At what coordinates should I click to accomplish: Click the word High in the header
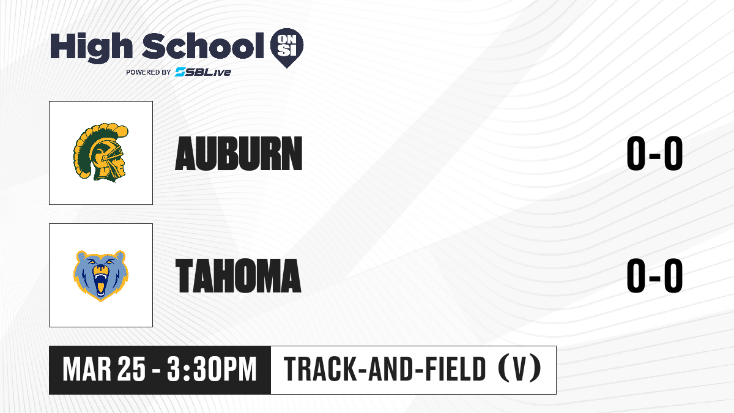pyautogui.click(x=92, y=48)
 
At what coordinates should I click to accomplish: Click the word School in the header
pyautogui.click(x=203, y=46)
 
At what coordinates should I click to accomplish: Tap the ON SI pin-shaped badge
pyautogui.click(x=287, y=48)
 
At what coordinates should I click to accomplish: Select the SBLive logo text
pyautogui.click(x=203, y=72)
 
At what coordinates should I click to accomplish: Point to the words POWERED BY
pyautogui.click(x=149, y=72)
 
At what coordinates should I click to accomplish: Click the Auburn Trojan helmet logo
pyautogui.click(x=101, y=152)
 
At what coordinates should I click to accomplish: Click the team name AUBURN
pyautogui.click(x=239, y=154)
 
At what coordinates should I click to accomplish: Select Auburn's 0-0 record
pyautogui.click(x=654, y=154)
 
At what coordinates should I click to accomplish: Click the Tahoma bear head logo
pyautogui.click(x=101, y=276)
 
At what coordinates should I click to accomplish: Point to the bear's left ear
pyautogui.click(x=81, y=256)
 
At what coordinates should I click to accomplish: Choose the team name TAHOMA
pyautogui.click(x=238, y=276)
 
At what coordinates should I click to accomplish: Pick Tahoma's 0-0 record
pyautogui.click(x=654, y=276)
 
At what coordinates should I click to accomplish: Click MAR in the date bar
pyautogui.click(x=87, y=370)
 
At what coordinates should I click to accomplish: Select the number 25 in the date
pyautogui.click(x=132, y=370)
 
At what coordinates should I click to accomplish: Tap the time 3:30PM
pyautogui.click(x=212, y=370)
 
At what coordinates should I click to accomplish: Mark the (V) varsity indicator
pyautogui.click(x=519, y=369)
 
